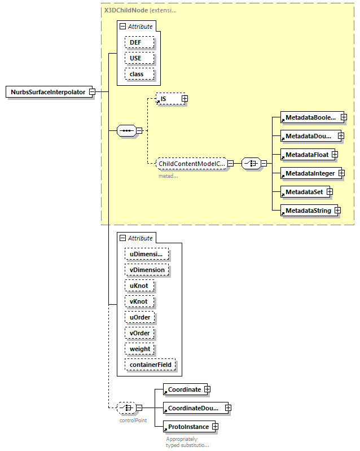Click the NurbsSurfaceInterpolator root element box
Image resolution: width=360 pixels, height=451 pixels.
[x=49, y=92]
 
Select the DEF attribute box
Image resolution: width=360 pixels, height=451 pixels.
[x=135, y=42]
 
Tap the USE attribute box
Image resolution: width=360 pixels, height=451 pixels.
[x=135, y=58]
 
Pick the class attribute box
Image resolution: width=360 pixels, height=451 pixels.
[x=137, y=74]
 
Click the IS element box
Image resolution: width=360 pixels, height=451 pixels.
[x=168, y=99]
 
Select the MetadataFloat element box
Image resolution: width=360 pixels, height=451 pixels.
[x=306, y=154]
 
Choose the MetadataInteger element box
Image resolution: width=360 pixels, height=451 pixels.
[x=310, y=173]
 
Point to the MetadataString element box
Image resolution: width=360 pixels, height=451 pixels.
[x=308, y=211]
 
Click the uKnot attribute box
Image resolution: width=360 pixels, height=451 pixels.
[x=138, y=286]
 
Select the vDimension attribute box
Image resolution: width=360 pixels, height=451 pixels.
[x=147, y=270]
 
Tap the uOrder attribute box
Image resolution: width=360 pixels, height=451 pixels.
[x=139, y=318]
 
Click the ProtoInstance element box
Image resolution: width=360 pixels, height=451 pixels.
[x=187, y=427]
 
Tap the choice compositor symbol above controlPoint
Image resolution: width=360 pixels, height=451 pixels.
[x=125, y=408]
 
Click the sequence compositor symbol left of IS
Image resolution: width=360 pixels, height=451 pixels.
[x=126, y=131]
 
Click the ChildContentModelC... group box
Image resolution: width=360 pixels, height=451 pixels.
[x=191, y=164]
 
